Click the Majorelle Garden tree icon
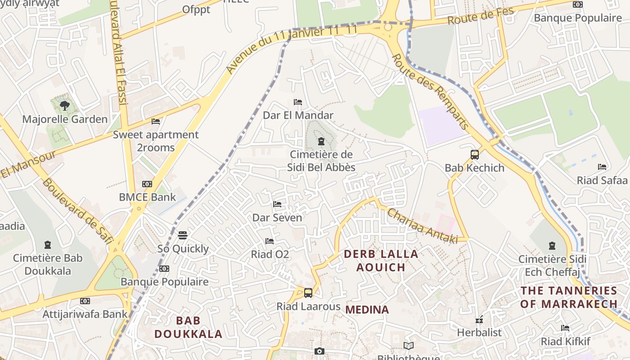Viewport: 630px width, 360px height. coord(65,106)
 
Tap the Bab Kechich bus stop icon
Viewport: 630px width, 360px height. coord(474,155)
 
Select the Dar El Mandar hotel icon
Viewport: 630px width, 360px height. coord(297,102)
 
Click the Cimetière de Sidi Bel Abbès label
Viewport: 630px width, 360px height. coord(321,161)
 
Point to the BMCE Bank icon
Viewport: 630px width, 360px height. coord(147,184)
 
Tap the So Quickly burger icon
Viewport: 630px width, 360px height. coord(183,235)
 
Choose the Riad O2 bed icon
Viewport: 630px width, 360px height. coord(270,241)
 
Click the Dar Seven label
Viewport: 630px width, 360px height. coord(277,218)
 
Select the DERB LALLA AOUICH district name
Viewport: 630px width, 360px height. coord(381,261)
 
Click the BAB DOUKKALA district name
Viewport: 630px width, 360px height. coord(189,327)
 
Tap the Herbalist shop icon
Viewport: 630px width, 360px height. coord(479,319)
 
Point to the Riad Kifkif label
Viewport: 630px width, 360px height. coord(565,342)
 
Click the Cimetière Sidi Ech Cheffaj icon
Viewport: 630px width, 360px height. coord(552,246)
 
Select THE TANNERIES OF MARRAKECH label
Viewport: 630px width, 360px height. coord(569,297)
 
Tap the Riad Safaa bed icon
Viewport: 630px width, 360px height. coord(602,167)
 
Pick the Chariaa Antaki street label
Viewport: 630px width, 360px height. coord(422,226)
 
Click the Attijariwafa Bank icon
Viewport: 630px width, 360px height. coord(85,301)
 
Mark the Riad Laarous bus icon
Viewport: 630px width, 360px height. coord(308,293)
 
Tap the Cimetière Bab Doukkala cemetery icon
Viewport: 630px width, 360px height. coord(48,245)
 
